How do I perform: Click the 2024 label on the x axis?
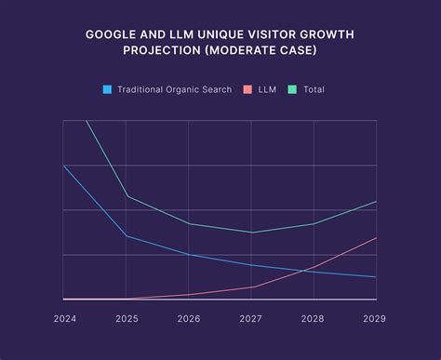point(65,318)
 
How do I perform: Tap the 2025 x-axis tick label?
point(127,318)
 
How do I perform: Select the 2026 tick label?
point(189,318)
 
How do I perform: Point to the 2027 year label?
point(251,318)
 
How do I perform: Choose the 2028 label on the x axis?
point(314,318)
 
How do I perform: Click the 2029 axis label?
point(374,318)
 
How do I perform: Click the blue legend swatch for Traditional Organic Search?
point(107,89)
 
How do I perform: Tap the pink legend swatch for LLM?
point(247,89)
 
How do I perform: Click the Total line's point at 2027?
point(251,233)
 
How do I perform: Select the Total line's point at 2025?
point(127,196)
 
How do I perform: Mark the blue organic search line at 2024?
point(63,166)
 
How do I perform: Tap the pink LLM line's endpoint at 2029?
point(377,238)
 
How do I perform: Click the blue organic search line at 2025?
point(127,236)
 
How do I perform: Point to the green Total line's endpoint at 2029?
point(377,201)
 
